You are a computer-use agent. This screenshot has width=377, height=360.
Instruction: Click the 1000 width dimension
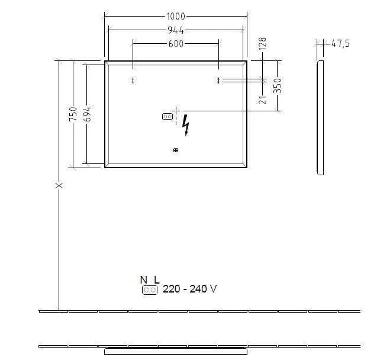coord(176,17)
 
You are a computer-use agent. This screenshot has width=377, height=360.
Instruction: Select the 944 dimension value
coord(176,30)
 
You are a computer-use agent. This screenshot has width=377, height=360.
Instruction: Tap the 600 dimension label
coord(176,43)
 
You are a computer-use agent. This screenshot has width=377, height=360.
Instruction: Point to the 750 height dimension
coord(73,114)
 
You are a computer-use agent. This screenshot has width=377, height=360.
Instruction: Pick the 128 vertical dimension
coord(263,45)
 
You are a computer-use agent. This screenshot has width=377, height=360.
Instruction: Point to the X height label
coord(59,185)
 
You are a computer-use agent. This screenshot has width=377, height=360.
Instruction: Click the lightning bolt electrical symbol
coord(186,125)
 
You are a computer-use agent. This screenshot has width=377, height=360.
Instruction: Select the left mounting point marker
coord(133,81)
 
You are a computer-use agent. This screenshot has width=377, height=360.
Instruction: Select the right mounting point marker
coord(218,81)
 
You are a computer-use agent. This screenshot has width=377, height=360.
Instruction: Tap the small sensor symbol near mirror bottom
coord(176,150)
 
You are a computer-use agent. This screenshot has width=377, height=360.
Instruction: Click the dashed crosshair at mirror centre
coord(176,111)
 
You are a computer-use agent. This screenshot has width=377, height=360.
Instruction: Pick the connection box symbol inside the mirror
coord(166,117)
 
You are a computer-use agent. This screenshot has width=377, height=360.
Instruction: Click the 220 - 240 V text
coord(189,289)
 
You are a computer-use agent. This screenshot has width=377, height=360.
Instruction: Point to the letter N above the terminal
coord(143,279)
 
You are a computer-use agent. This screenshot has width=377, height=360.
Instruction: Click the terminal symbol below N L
coord(149,290)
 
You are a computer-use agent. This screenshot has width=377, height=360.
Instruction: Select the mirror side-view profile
coord(320,117)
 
